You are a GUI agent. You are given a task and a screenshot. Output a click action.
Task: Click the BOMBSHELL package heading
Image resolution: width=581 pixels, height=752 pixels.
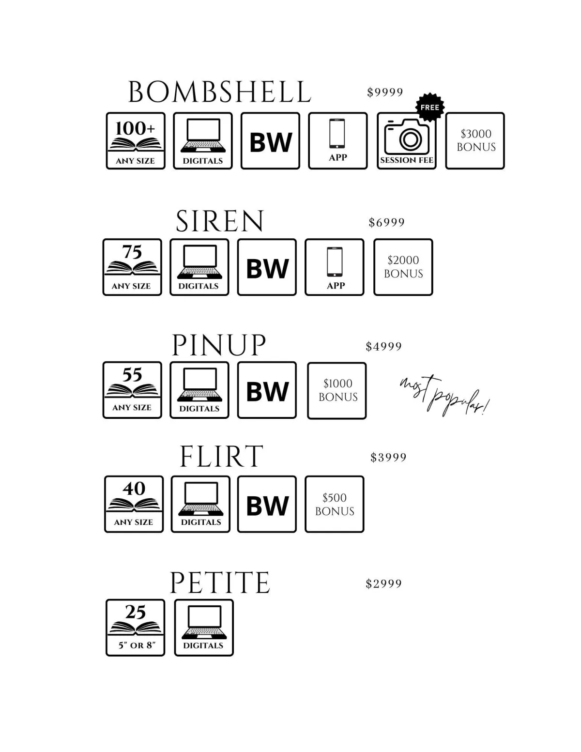tap(219, 92)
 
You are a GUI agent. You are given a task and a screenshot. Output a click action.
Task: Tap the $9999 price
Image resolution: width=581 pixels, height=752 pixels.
tap(385, 92)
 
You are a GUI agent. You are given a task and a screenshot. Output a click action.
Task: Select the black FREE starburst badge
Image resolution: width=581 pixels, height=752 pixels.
tap(430, 107)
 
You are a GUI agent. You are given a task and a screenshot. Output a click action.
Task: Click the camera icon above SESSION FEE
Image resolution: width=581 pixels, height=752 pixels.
tap(407, 136)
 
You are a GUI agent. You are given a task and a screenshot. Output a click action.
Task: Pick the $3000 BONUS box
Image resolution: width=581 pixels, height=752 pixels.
tap(475, 141)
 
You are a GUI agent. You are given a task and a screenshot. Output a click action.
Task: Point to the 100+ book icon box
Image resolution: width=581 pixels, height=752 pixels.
tap(136, 141)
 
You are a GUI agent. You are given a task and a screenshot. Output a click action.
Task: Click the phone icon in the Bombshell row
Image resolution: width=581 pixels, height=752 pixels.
tap(337, 134)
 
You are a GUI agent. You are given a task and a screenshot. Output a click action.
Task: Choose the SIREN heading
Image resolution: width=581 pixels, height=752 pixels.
tap(220, 221)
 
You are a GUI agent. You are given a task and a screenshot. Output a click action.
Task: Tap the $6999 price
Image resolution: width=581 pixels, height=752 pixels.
tap(386, 222)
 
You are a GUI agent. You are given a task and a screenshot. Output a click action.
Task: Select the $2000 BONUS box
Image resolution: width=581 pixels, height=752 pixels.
tap(403, 267)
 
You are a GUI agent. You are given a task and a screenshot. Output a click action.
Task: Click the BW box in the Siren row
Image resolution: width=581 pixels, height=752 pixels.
tap(267, 267)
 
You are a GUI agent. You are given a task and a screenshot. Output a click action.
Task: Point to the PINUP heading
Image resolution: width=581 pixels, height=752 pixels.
tap(219, 345)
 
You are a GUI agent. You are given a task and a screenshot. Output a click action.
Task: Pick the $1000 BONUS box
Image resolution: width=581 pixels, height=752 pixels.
tap(337, 390)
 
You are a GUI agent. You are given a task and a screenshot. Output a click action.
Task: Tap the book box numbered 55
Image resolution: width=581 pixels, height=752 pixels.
tap(132, 390)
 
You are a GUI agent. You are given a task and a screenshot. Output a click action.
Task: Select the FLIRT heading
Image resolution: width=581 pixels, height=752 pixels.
tap(221, 456)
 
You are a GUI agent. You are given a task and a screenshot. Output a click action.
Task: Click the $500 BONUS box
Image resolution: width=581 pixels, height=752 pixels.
tap(334, 504)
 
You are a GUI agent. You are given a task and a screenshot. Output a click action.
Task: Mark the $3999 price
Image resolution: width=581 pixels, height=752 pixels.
tap(388, 457)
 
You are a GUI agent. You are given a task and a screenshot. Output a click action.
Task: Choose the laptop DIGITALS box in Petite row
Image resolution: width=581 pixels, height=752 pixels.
tap(204, 628)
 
